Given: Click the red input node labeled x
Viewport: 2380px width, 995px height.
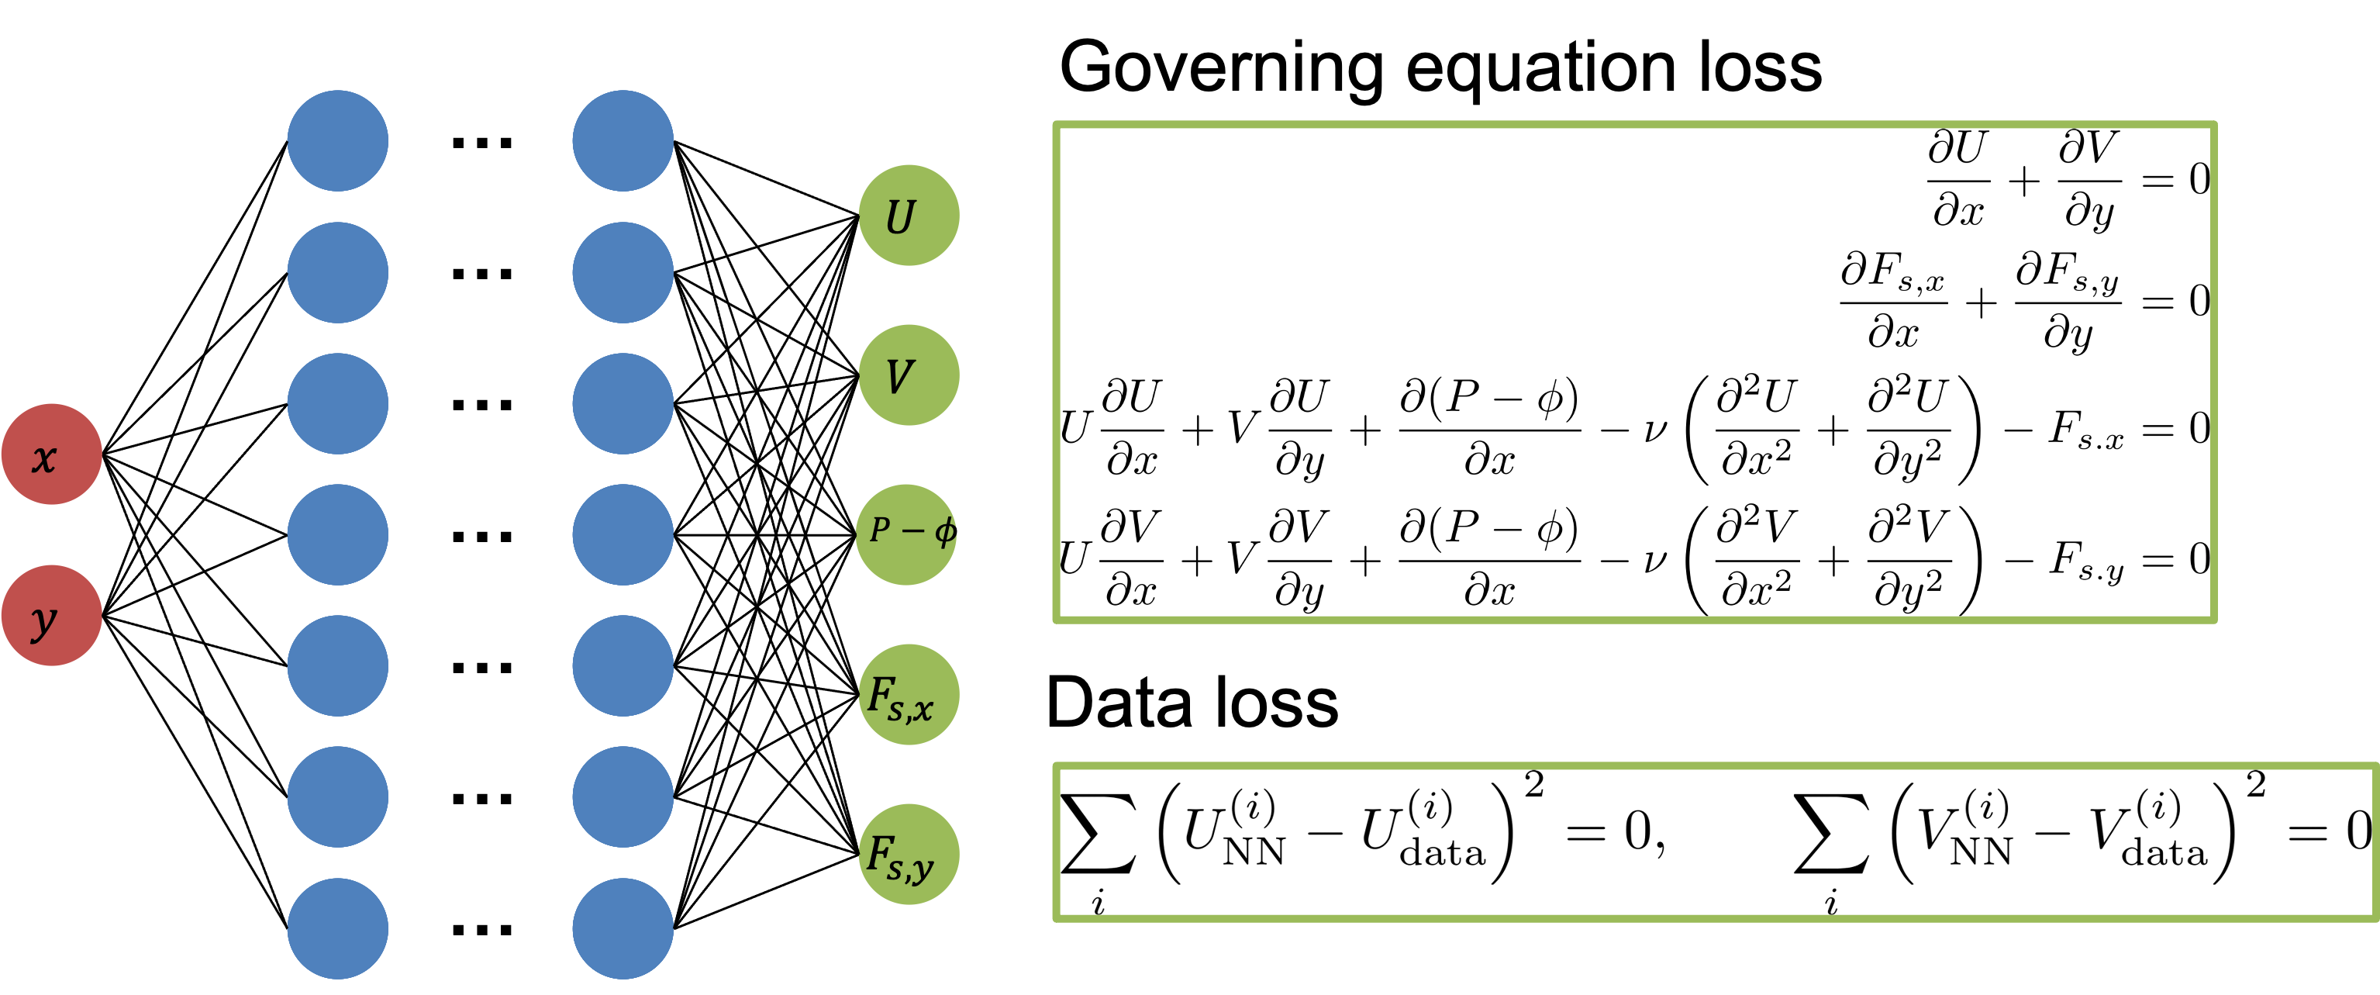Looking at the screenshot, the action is (x=52, y=454).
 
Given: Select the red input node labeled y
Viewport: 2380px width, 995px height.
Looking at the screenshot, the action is (x=52, y=615).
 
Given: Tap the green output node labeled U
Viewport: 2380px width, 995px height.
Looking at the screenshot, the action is (x=909, y=216).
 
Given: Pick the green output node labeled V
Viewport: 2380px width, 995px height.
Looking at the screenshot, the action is (x=909, y=375).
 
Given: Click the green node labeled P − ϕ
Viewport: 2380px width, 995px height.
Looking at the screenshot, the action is (x=906, y=534).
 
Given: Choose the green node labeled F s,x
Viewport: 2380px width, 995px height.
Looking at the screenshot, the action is (x=909, y=695).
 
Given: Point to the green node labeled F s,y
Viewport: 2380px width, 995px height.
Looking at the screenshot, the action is (x=909, y=854).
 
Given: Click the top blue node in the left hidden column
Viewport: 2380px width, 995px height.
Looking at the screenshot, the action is (x=338, y=140).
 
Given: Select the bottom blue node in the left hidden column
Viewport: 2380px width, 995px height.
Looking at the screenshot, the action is (x=338, y=928).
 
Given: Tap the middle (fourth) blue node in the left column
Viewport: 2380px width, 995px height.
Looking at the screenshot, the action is (x=338, y=534).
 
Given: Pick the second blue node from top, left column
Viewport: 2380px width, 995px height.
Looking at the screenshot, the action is (x=338, y=272).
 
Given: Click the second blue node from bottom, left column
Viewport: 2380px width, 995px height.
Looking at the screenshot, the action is (x=338, y=796).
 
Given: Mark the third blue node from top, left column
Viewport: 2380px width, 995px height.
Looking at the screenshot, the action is (x=338, y=404).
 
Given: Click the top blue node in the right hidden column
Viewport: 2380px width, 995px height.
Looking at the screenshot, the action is (x=623, y=140).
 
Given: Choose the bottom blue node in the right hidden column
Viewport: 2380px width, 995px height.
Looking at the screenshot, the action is (x=623, y=928).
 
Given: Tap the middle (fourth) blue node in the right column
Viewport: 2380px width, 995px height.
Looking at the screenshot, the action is (x=623, y=534).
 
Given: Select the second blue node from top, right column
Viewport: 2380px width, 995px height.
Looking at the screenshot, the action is (x=623, y=272).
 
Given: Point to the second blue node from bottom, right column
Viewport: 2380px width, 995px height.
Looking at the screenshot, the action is (x=623, y=796).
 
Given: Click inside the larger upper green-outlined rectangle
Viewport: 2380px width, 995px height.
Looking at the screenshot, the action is (x=1635, y=372).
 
